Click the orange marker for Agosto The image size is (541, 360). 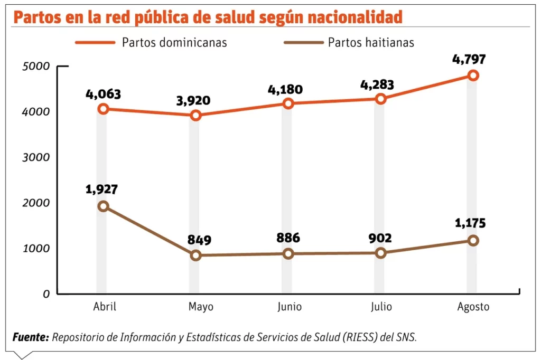[472, 75]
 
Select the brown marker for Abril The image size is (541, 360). [103, 206]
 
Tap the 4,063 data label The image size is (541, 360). [103, 94]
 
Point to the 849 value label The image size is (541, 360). [199, 240]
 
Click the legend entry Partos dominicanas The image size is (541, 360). [174, 42]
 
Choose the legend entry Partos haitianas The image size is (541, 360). [371, 42]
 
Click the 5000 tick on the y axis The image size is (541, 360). [36, 67]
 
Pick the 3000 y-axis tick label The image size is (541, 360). [36, 157]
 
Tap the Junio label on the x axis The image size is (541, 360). [290, 307]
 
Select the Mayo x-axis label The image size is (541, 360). [201, 307]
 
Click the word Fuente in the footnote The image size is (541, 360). [30, 337]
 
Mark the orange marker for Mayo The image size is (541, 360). [195, 115]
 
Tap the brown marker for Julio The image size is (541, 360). [380, 253]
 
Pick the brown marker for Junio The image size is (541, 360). [287, 254]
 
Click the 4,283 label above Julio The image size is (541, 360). [376, 83]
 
